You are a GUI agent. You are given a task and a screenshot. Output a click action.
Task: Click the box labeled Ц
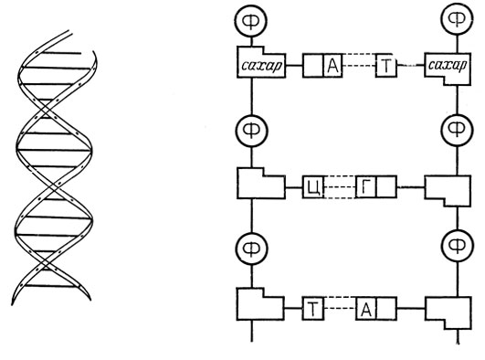(x=313, y=187)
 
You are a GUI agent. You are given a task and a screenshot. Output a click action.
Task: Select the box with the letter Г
(x=366, y=186)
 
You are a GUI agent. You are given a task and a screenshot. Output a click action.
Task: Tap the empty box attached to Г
(x=386, y=186)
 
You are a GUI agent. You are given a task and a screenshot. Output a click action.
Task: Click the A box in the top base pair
(x=332, y=65)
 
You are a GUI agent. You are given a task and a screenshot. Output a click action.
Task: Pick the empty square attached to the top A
(x=313, y=65)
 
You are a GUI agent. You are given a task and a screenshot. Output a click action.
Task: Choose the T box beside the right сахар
(x=386, y=65)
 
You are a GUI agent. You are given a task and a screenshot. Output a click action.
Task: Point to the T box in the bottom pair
(x=313, y=308)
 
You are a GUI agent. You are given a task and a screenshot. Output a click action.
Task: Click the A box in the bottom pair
(x=366, y=308)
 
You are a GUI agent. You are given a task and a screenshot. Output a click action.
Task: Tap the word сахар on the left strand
(x=261, y=66)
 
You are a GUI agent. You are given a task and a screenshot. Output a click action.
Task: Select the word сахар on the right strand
(x=448, y=65)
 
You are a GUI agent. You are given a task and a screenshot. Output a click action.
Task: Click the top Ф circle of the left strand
(x=251, y=21)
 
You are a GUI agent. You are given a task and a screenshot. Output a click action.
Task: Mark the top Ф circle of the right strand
(x=458, y=19)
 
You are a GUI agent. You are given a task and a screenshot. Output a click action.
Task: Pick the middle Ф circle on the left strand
(x=251, y=132)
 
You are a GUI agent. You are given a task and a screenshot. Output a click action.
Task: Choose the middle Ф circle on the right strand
(x=458, y=130)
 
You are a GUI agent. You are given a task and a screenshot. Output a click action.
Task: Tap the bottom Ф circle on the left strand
(x=251, y=249)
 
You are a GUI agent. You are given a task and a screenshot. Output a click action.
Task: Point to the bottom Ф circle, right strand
(x=458, y=246)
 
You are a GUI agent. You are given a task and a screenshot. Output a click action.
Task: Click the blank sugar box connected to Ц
(x=260, y=184)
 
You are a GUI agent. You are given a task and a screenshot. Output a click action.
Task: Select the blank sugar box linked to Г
(x=448, y=191)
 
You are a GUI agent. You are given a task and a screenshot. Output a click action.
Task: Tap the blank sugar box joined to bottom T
(x=260, y=304)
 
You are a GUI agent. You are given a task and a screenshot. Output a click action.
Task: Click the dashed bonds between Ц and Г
(x=340, y=187)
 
